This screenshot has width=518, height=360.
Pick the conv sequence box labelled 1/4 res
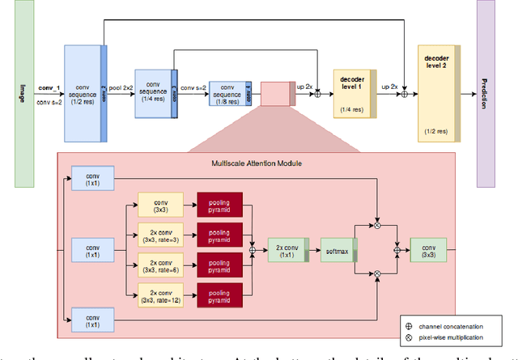(153, 93)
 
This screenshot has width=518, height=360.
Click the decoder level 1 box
(350, 94)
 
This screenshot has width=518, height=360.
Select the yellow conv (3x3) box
(160, 205)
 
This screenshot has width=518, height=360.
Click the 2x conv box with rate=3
(160, 235)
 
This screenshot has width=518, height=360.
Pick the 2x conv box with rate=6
(160, 265)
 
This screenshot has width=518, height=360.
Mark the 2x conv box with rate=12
(160, 295)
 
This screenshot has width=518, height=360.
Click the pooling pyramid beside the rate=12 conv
(219, 295)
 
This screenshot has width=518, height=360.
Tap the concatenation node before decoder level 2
(405, 95)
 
